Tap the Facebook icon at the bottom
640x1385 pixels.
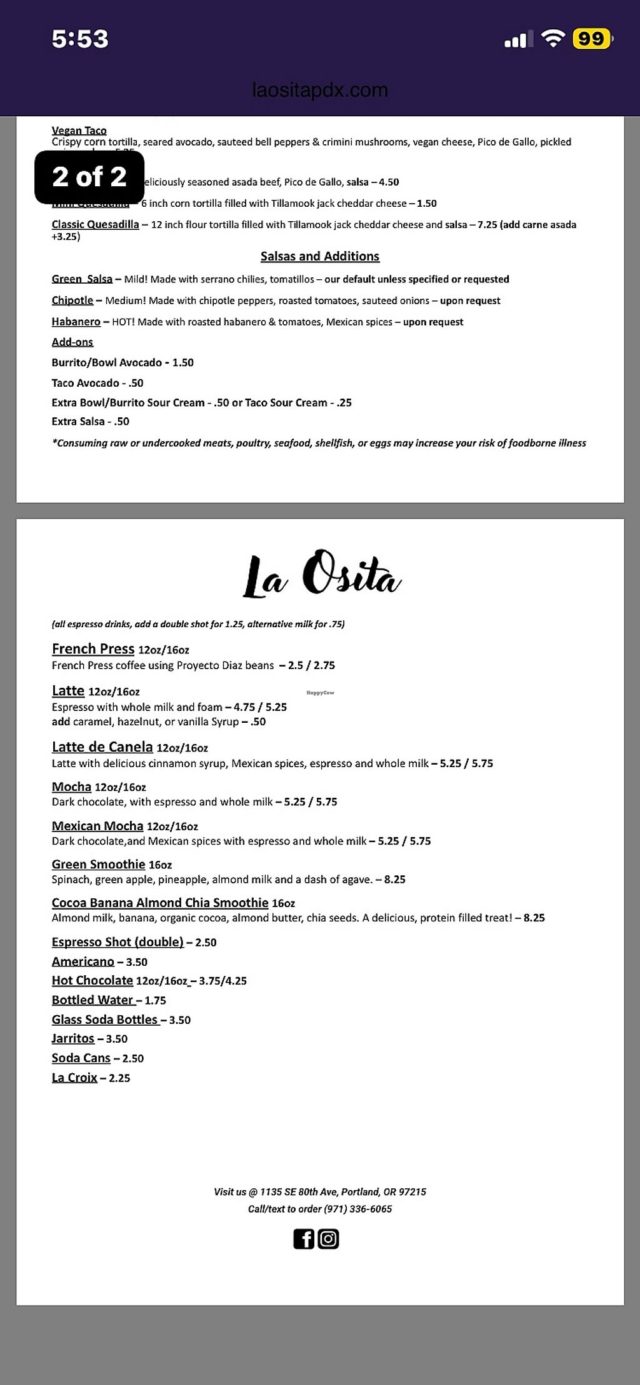coord(304,1239)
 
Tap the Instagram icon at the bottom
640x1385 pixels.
coord(329,1239)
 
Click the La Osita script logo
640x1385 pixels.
coord(321,574)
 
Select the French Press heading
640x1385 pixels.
coord(93,648)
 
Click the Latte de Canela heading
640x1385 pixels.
coord(102,747)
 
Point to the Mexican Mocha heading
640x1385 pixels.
coord(97,826)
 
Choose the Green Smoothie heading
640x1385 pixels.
coord(98,864)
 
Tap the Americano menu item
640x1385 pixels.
coord(83,961)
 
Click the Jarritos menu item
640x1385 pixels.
coord(73,1038)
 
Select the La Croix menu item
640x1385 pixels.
coord(74,1078)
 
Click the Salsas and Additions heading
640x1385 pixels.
coord(320,256)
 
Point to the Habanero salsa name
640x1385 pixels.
coord(76,322)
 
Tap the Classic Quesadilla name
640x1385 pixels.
coord(95,224)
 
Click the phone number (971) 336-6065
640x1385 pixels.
coord(357,1209)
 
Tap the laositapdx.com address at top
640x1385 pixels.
coord(320,90)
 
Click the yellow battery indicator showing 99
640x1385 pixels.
coord(591,39)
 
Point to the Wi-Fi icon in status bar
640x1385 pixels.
coord(552,39)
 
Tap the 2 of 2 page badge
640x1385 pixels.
coord(89,177)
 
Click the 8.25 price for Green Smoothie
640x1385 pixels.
coord(395,880)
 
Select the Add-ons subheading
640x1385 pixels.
coord(72,342)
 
